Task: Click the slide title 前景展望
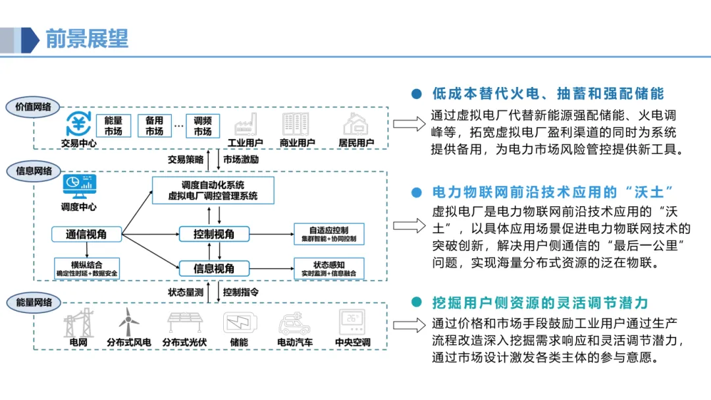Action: (87, 38)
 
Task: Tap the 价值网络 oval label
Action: (32, 107)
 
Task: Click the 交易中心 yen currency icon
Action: (79, 123)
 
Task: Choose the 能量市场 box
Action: (113, 126)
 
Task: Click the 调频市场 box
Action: (203, 126)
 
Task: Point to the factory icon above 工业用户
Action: (245, 123)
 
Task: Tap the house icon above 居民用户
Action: (356, 123)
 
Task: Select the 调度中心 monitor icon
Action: (79, 186)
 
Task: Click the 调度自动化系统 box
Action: (213, 190)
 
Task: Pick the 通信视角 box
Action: (86, 234)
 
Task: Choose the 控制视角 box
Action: (213, 234)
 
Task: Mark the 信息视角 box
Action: (213, 268)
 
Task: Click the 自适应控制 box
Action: (329, 234)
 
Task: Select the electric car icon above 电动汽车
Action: (294, 323)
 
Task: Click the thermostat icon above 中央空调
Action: (352, 322)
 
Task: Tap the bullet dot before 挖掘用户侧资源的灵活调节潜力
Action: (415, 302)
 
